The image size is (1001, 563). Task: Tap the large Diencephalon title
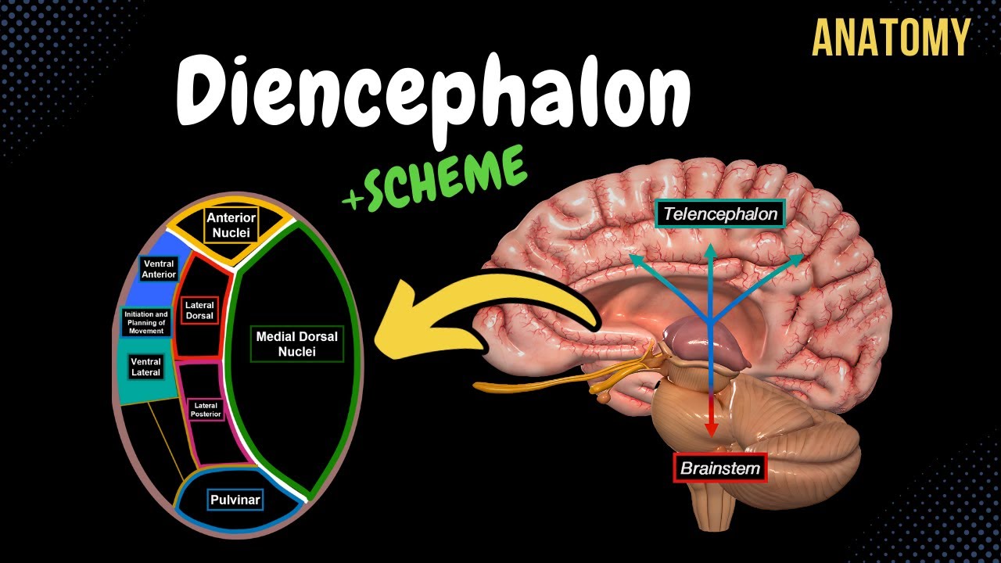click(x=432, y=92)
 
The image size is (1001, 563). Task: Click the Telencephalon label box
click(x=719, y=213)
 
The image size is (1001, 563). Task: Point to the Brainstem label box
click(x=719, y=468)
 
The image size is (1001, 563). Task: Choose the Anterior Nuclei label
click(x=231, y=225)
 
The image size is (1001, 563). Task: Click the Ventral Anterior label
click(x=159, y=269)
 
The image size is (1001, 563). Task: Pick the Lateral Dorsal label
click(x=199, y=310)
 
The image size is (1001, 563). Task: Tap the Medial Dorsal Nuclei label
click(x=297, y=344)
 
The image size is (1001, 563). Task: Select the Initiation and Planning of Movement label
click(x=145, y=322)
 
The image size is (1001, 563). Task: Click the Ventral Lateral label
click(x=145, y=367)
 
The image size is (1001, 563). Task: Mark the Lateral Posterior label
click(x=206, y=409)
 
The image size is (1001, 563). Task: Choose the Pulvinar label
click(x=235, y=500)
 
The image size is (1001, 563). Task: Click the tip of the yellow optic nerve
click(x=479, y=385)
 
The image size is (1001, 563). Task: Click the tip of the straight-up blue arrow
click(x=710, y=249)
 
